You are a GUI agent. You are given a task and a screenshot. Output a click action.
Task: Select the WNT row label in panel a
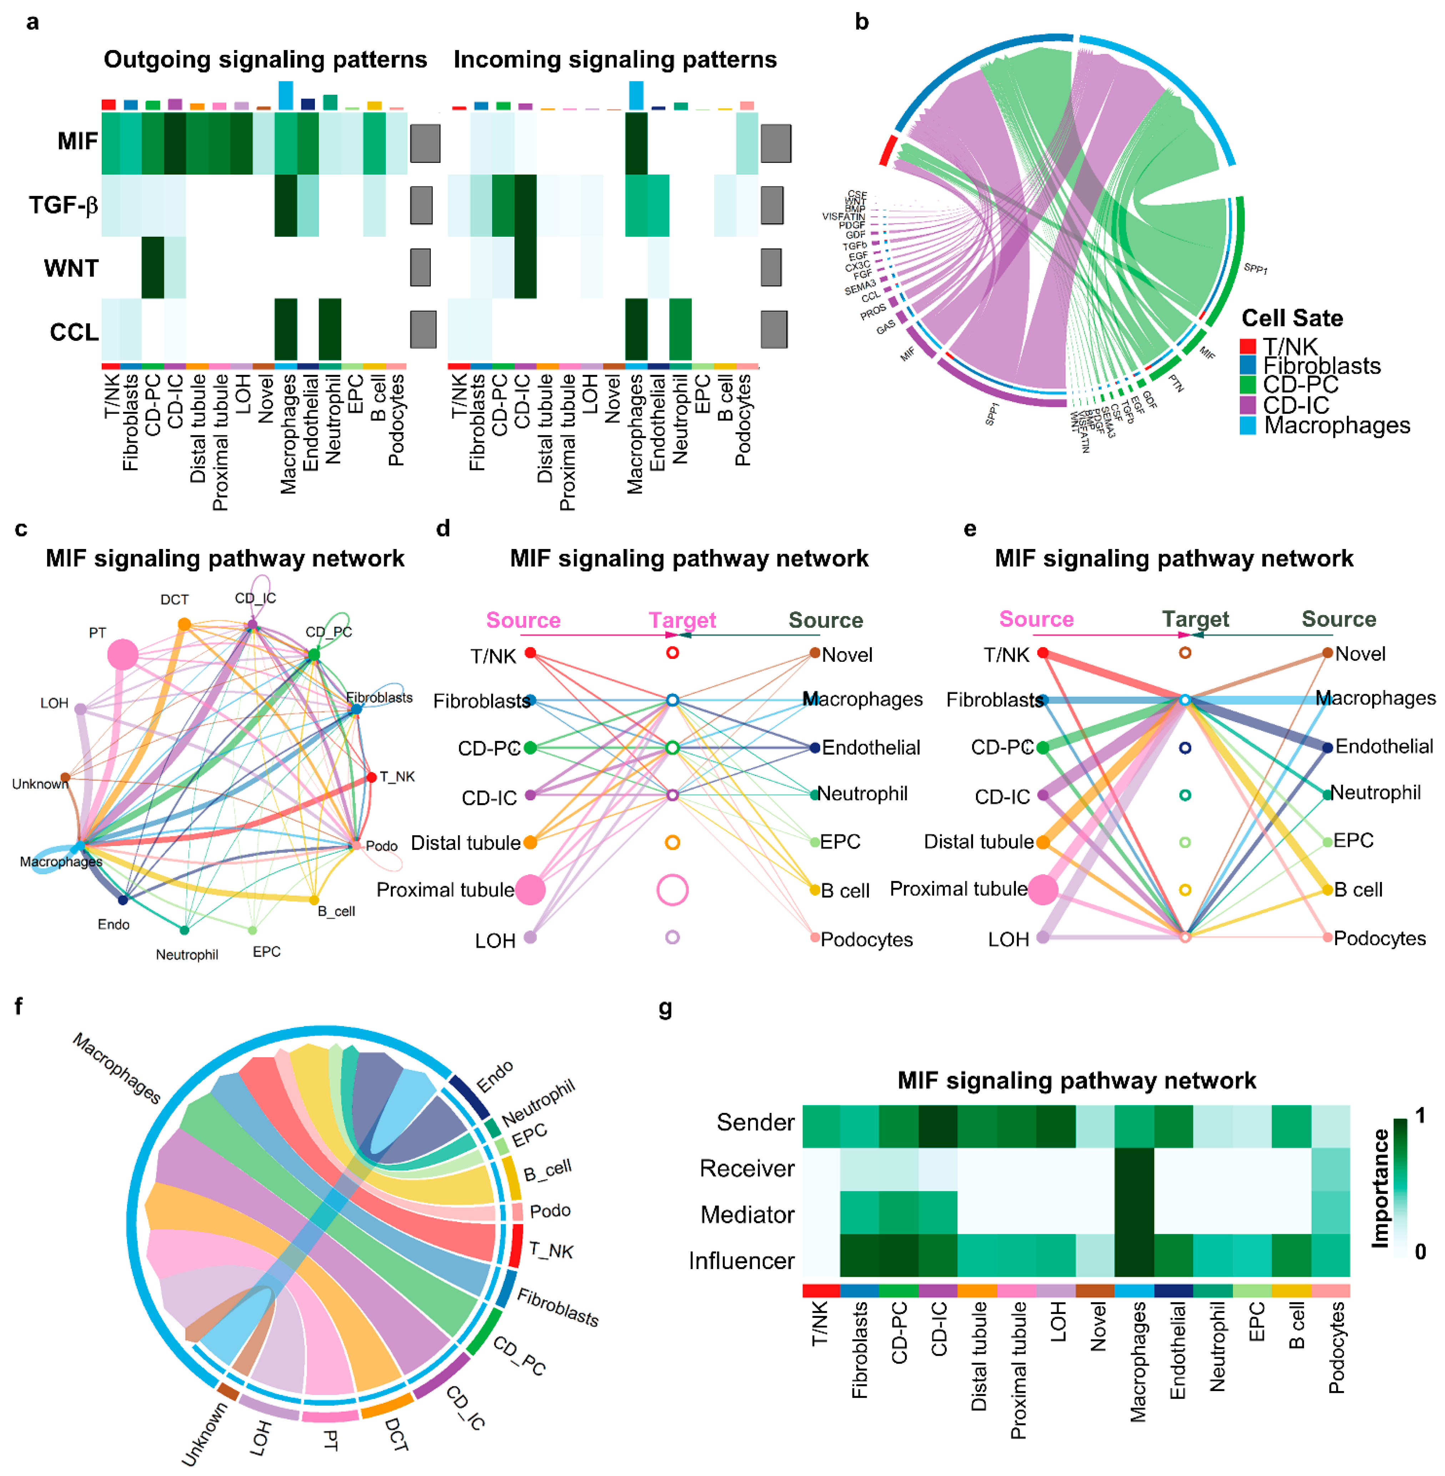(71, 268)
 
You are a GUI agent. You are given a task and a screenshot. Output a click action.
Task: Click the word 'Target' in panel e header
(1195, 619)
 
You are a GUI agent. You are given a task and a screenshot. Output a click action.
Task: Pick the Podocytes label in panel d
(867, 939)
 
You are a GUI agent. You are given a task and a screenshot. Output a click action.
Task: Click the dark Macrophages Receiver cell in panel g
(1134, 1169)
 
